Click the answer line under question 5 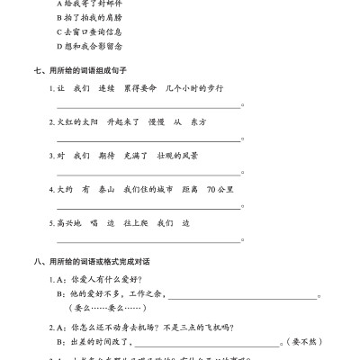tap(149, 241)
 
